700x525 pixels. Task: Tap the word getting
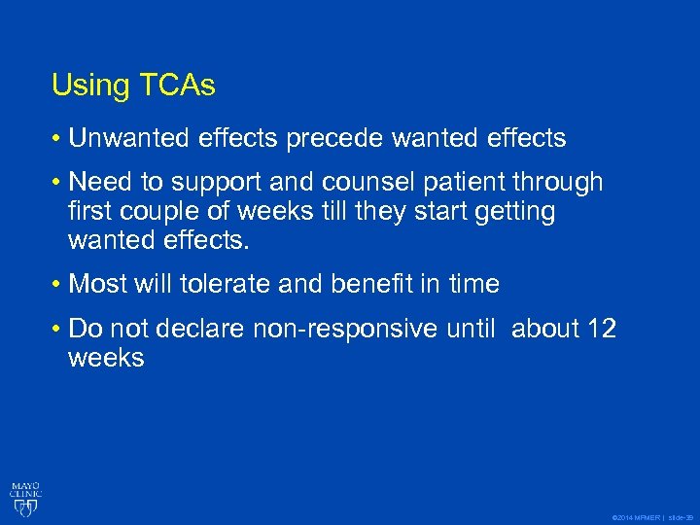point(515,211)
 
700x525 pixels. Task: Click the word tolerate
point(228,284)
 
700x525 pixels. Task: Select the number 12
point(601,330)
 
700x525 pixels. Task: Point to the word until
point(472,330)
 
